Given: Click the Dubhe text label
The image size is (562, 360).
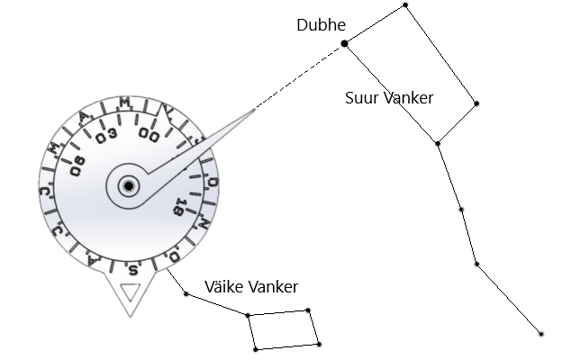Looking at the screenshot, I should click(x=321, y=25).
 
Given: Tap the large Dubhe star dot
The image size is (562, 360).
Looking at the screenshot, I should click(x=344, y=43).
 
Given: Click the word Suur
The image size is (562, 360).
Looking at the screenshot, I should click(x=362, y=98).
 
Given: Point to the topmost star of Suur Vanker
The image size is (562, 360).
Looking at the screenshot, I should click(x=405, y=5).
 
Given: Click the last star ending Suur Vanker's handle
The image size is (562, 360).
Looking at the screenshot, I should click(x=541, y=334).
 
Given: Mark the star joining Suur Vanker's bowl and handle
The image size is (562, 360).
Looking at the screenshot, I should click(x=438, y=143).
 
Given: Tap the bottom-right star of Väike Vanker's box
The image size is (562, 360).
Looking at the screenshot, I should click(x=319, y=344).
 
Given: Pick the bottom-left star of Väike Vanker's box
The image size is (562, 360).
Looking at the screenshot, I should click(x=255, y=348).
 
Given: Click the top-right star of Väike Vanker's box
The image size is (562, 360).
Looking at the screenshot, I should click(x=308, y=311).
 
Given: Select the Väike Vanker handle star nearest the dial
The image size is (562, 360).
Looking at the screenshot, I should click(x=186, y=293).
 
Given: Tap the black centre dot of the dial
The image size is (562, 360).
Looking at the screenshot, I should click(x=129, y=186).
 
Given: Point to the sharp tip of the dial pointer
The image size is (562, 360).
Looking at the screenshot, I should click(x=255, y=108).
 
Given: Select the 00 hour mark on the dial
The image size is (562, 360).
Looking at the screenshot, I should click(x=149, y=135).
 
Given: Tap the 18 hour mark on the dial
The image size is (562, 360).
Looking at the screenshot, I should click(x=180, y=208).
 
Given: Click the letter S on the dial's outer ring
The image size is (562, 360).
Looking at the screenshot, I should click(x=133, y=268).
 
